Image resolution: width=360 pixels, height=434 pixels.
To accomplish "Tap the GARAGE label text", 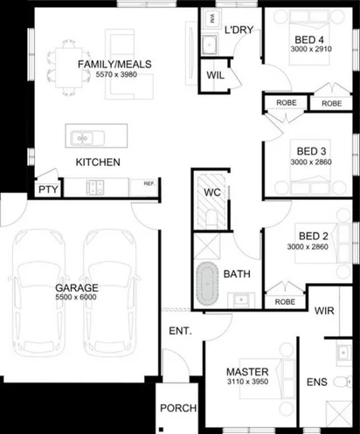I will [x=77, y=287].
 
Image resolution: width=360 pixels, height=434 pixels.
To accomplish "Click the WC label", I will [x=212, y=192].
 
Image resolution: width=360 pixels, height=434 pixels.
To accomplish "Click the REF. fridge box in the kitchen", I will [x=149, y=184].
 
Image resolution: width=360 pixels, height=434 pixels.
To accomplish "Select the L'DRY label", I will [x=239, y=30].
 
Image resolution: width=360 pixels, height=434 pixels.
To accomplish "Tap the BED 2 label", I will [x=312, y=236].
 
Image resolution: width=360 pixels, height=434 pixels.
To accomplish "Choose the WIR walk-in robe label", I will [x=324, y=311].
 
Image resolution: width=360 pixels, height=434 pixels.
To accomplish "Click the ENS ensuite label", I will [x=316, y=382].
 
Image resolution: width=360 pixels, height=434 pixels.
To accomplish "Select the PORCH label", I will [x=177, y=409].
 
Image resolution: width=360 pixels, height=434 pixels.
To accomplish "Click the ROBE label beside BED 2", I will [x=284, y=301].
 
